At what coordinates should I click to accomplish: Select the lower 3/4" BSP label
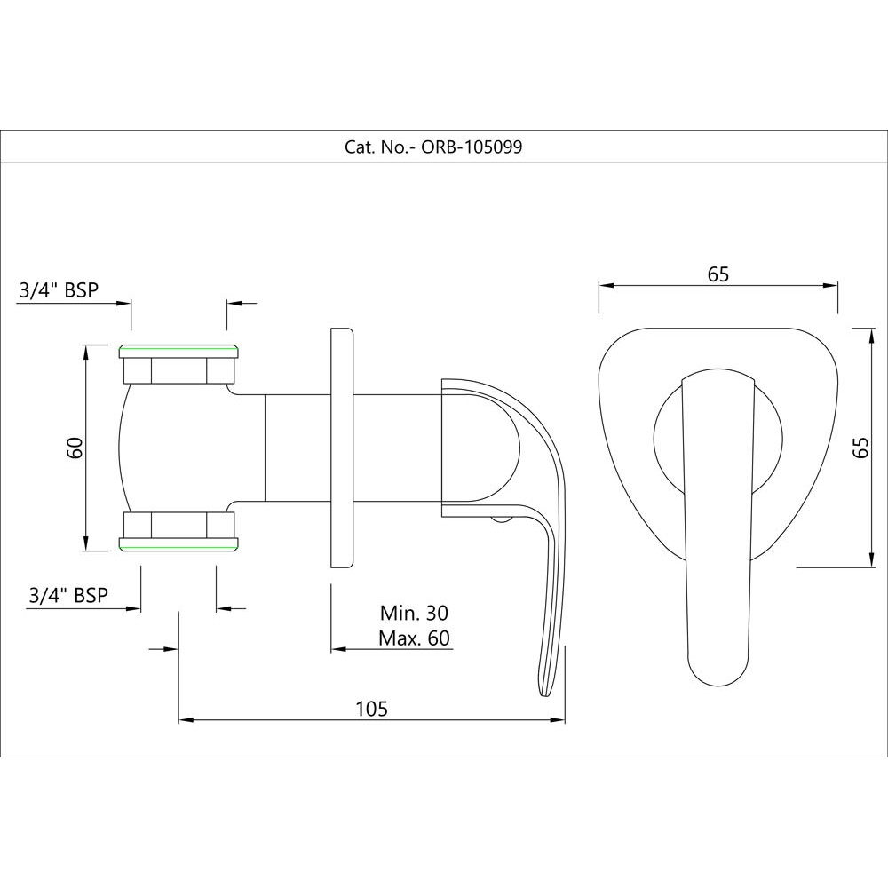[68, 594]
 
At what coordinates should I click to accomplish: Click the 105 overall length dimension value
[371, 708]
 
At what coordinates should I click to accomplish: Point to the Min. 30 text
[414, 613]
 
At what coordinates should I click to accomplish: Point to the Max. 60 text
[414, 638]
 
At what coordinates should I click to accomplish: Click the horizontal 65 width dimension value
[718, 274]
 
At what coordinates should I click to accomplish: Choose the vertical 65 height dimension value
[859, 447]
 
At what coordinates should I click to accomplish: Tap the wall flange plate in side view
[342, 448]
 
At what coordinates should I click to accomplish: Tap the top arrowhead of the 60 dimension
[86, 349]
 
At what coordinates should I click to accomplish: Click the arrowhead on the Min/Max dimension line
[337, 650]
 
